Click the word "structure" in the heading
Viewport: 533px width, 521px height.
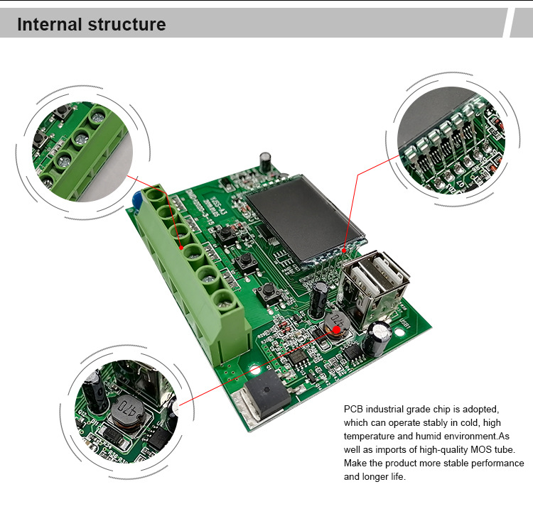(126, 25)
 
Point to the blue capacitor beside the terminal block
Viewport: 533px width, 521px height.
(136, 201)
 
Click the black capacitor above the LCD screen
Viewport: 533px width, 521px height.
(265, 160)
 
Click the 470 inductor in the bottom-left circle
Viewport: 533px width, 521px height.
(126, 409)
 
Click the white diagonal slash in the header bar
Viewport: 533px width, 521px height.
(507, 23)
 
